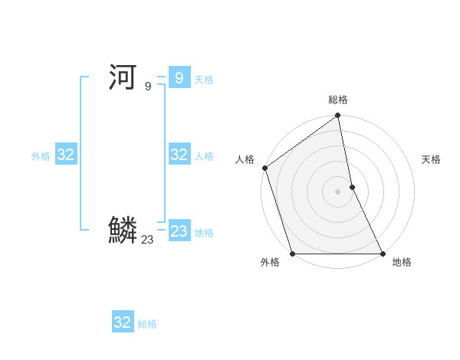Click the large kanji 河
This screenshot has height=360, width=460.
123,77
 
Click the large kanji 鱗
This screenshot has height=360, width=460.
123,230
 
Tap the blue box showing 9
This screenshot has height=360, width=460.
179,77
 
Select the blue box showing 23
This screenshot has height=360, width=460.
179,231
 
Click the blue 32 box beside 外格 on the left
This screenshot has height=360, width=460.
66,155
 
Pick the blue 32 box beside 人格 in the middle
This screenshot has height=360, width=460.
179,155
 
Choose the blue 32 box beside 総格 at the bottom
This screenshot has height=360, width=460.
123,322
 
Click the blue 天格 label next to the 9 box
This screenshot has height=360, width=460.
204,80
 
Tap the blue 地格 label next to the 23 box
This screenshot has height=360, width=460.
204,233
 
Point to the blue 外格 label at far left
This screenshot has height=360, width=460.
41,156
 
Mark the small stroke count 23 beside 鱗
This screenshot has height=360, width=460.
147,240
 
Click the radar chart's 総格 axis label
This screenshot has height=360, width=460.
338,100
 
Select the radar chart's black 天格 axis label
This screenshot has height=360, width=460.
431,159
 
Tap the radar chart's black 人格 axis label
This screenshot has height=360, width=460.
245,159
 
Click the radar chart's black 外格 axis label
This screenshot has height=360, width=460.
270,263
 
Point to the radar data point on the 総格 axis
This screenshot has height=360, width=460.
338,117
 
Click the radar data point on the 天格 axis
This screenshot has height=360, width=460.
352,187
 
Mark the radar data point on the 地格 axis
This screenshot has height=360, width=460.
382,253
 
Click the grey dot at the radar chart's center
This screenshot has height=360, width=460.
338,191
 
